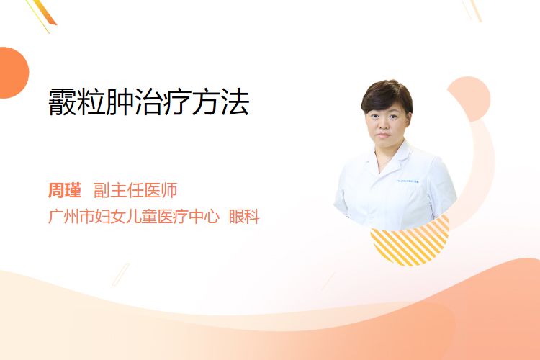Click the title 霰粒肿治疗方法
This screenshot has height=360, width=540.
point(149,102)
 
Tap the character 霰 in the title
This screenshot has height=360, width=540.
point(62,102)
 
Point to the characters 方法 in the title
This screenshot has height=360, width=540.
point(220,102)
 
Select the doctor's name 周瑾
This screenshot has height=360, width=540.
point(65,190)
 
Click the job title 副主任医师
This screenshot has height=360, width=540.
point(135,190)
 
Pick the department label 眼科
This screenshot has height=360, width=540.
point(244,216)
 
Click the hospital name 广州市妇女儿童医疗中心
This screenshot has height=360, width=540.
point(134,216)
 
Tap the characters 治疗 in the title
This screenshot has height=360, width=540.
point(163,102)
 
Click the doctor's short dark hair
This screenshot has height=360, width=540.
point(387,95)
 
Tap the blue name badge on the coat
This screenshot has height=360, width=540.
point(408,181)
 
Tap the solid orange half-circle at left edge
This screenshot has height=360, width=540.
point(14,73)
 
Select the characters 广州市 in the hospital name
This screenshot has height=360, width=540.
point(71,216)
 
